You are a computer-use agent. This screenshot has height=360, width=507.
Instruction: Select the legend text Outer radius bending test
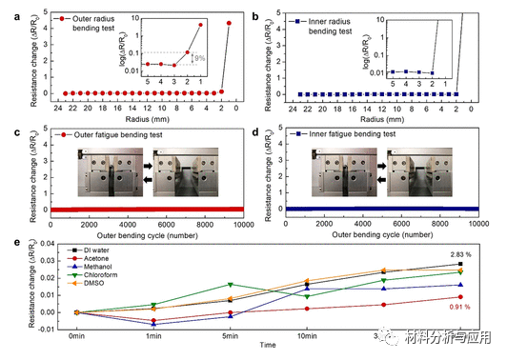(101, 19)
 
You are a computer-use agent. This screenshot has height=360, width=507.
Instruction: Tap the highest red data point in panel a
(229, 23)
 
